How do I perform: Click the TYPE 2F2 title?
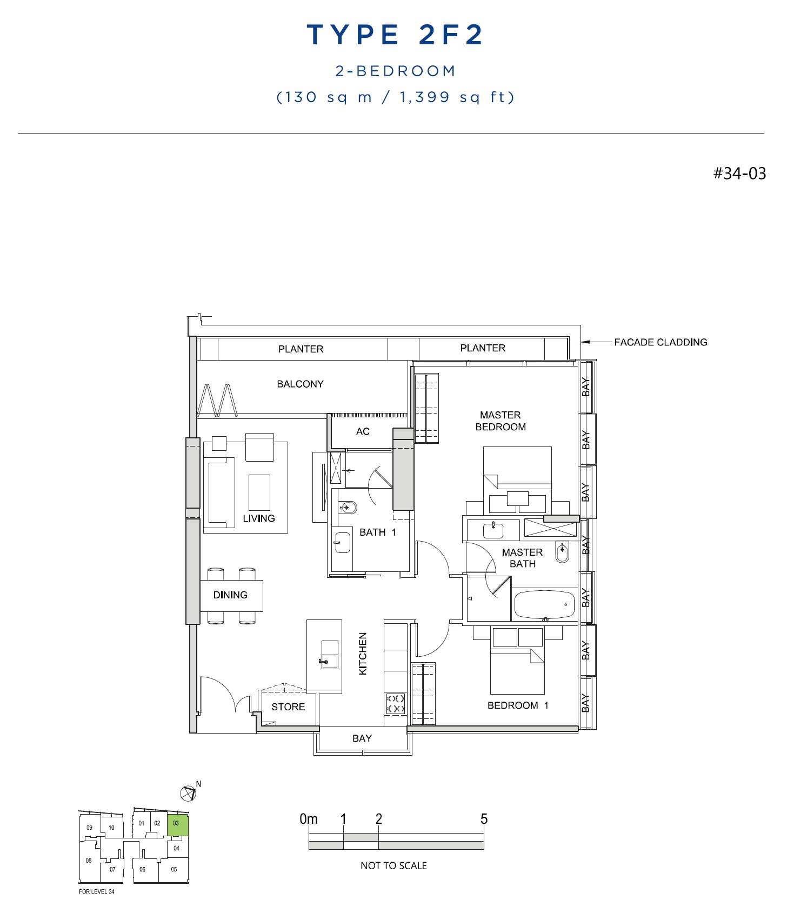pos(395,35)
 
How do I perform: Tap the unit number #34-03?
pos(739,173)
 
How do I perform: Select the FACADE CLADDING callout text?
pos(660,342)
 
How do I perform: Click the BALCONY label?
pos(300,384)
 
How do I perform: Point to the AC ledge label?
pos(363,431)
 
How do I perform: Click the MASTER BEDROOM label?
pos(501,421)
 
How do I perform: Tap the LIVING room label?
pos(259,518)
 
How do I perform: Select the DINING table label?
pos(230,595)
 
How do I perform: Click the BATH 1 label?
pos(378,532)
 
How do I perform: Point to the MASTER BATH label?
pos(522,558)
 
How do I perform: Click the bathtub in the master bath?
pos(544,604)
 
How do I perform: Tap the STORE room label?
pos(288,707)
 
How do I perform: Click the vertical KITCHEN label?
pos(363,654)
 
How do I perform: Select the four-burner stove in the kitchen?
pos(396,703)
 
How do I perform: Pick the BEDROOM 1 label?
pos(518,705)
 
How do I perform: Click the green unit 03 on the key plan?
pos(177,825)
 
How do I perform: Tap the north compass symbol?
pos(188,794)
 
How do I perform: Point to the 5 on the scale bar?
pos(484,819)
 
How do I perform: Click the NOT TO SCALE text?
pos(393,865)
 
